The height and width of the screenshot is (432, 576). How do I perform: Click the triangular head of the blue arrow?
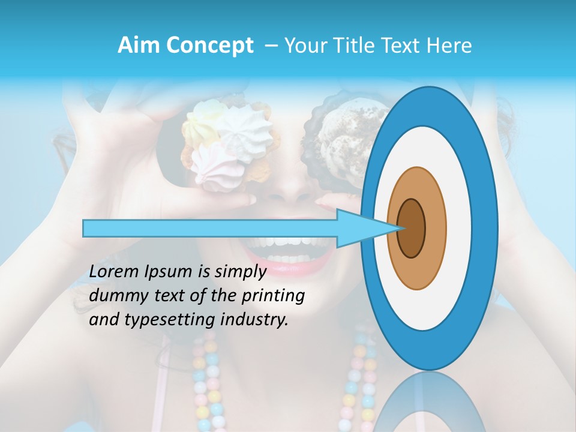tap(360, 228)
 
